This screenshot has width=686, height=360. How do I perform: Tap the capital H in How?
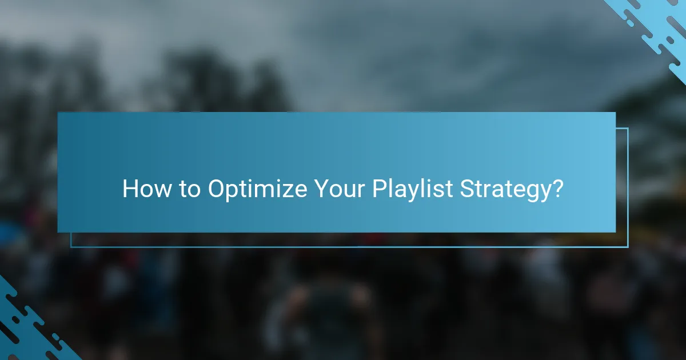tap(129, 189)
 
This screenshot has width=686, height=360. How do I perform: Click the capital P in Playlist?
tap(379, 189)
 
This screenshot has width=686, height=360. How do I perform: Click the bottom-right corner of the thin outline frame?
tap(628, 247)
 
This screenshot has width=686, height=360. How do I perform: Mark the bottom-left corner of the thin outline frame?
tap(71, 247)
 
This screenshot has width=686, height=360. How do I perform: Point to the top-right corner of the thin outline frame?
tap(628, 129)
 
